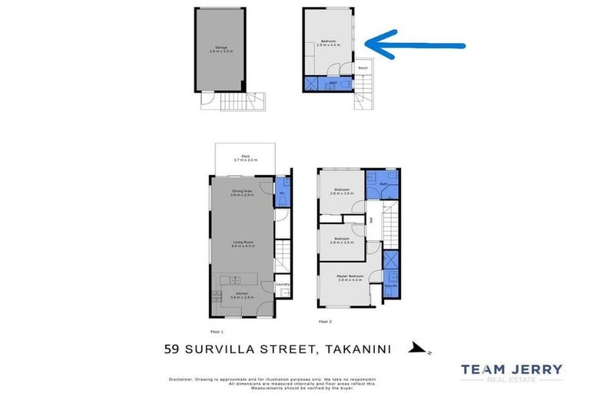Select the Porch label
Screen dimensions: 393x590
point(363,68)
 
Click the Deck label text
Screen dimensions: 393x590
point(246,156)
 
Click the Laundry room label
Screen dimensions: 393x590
point(282,284)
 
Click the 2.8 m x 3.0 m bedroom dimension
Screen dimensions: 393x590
point(341,193)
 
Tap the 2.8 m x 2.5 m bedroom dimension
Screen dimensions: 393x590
point(341,242)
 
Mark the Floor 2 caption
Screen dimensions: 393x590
point(324,322)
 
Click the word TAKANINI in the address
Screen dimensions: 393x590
point(357,349)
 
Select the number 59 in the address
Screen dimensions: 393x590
point(174,349)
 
